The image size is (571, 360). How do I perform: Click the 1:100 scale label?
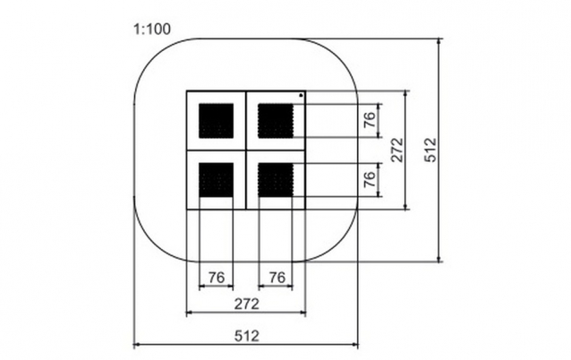(152, 30)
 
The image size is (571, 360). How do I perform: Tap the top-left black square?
(216, 121)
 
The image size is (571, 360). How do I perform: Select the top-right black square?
(276, 121)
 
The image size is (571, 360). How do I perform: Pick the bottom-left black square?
(216, 180)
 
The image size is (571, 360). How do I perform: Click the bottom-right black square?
(276, 180)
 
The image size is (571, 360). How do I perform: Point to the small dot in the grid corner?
(301, 96)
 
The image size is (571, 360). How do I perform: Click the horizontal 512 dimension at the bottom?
(247, 336)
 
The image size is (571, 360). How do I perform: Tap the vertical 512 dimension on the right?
(430, 150)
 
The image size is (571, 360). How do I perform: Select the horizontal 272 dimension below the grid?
(247, 304)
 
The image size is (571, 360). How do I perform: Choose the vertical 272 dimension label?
(397, 150)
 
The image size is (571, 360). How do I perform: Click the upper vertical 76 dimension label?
(370, 119)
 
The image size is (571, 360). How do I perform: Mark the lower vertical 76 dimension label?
(370, 179)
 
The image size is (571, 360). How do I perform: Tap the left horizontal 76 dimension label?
(217, 278)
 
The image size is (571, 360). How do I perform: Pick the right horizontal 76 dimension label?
(277, 278)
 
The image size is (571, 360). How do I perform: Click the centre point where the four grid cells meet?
(246, 150)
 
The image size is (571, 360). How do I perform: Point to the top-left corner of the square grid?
(187, 90)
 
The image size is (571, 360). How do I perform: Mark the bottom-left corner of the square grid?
(187, 210)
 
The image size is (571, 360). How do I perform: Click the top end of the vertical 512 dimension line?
(439, 39)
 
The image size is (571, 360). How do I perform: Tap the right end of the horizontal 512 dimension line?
(358, 344)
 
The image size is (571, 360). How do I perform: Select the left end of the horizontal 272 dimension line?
(187, 313)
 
